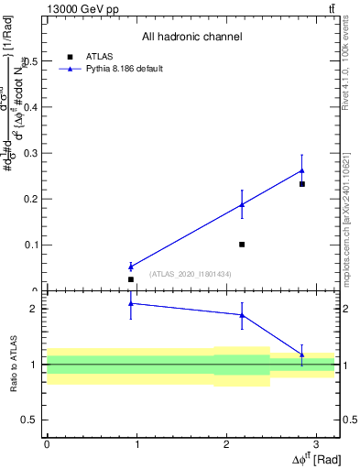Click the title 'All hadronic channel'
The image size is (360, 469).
coord(191,38)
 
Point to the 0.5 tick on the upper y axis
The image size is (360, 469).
coord(34,61)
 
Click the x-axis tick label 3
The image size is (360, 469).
coord(315,444)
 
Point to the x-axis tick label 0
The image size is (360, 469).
coord(47,444)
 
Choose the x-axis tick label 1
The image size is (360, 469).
coord(136,444)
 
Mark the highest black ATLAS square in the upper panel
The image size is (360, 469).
coord(301,184)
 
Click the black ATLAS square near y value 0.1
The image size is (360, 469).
coord(242,245)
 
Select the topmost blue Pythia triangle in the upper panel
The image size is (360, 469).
coord(301,170)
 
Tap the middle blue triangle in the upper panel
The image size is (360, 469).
coord(242,204)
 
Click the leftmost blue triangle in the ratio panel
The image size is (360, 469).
coord(131,303)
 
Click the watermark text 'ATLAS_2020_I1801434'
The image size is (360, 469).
coord(191,274)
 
